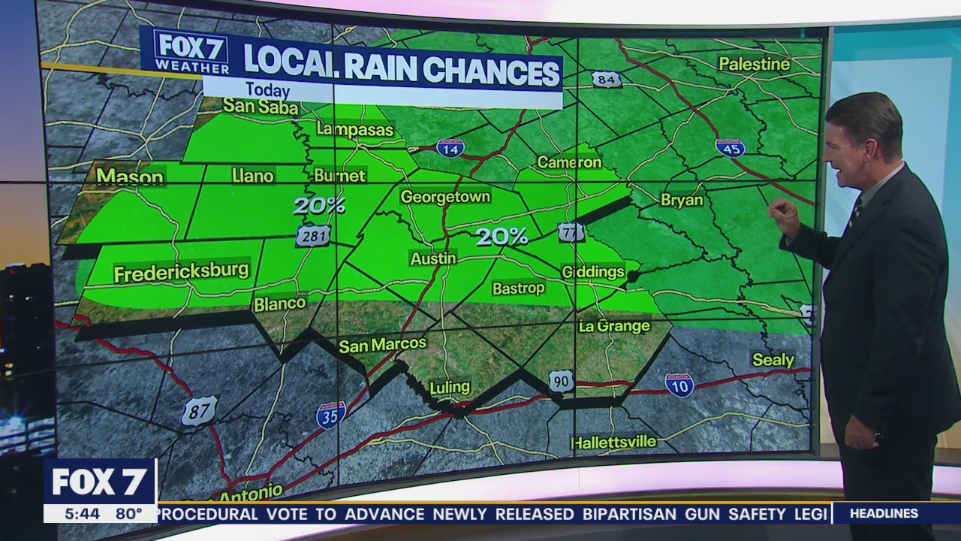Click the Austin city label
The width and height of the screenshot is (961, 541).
point(433,258)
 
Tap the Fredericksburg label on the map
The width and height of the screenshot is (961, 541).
point(181,271)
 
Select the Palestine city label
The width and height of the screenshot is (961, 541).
point(755,64)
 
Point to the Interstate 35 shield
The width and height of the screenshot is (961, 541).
point(331,415)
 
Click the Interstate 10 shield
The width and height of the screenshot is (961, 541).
point(679,385)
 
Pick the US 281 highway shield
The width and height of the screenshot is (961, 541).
point(312,235)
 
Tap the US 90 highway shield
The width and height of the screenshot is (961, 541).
point(561,381)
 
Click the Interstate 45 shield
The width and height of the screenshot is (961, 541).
point(730,147)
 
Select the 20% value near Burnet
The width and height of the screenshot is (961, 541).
point(319,205)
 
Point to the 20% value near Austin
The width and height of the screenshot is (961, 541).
point(502,237)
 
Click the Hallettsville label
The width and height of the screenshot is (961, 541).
point(613,442)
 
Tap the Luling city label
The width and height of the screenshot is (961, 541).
point(450,388)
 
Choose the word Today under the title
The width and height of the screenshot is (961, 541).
point(268,90)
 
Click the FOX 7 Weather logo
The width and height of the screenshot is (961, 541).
point(191,52)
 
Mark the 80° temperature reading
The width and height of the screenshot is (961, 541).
point(128,514)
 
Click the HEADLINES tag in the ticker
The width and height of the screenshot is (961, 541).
point(884,514)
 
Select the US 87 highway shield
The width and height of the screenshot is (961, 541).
point(199,411)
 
